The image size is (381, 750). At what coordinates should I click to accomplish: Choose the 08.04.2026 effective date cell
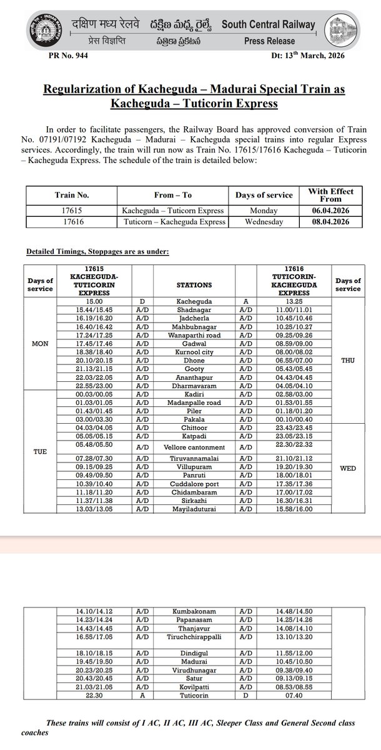pyautogui.click(x=330, y=221)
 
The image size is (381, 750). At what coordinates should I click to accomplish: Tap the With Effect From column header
pyautogui.click(x=330, y=195)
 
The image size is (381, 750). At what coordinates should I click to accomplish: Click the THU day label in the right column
pyautogui.click(x=348, y=361)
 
